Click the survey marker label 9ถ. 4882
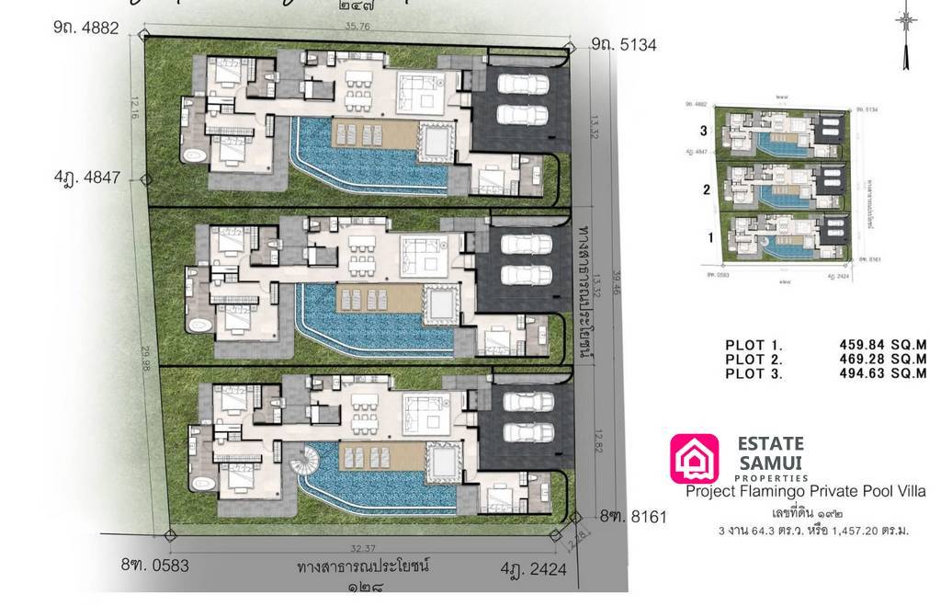[x=86, y=28]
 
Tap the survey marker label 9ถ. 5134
[x=624, y=44]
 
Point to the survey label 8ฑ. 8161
[x=633, y=517]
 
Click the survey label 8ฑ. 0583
[x=154, y=565]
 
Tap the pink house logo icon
[x=695, y=459]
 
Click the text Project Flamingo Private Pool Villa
[x=806, y=492]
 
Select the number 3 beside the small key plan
[x=705, y=131]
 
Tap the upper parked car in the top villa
[x=523, y=84]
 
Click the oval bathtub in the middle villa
[x=199, y=326]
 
